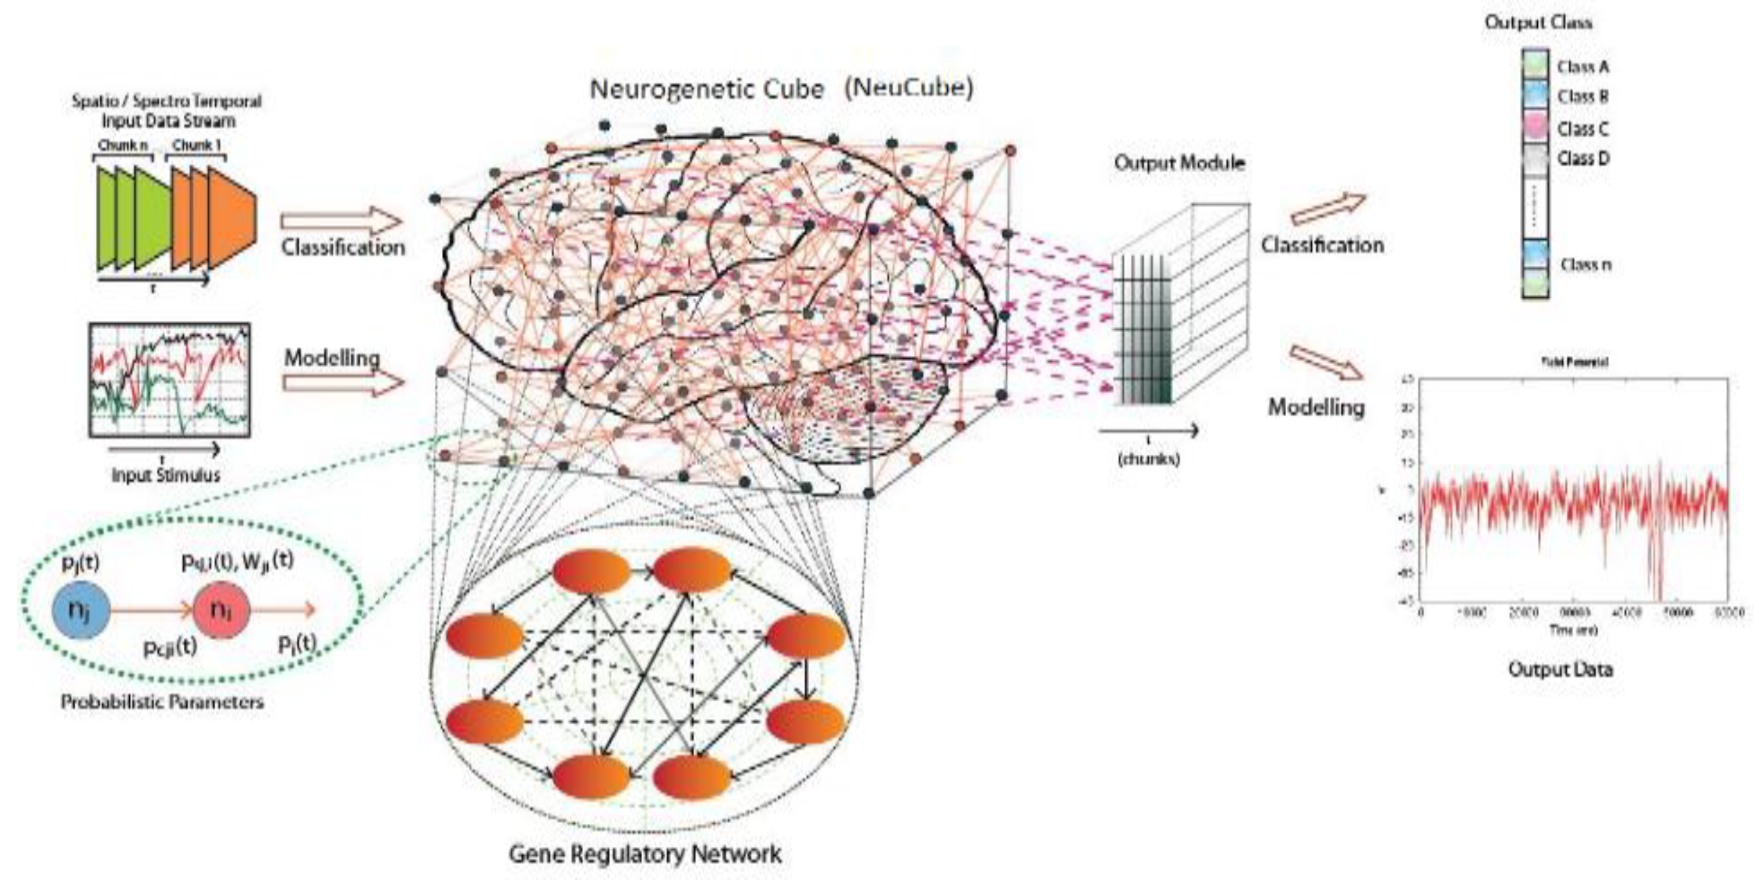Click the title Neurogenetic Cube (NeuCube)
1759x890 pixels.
pyautogui.click(x=781, y=90)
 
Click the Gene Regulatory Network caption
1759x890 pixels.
pyautogui.click(x=645, y=854)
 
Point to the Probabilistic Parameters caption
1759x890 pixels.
pyautogui.click(x=162, y=701)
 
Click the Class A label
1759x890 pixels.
pyautogui.click(x=1583, y=67)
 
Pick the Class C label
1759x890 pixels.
pyautogui.click(x=1583, y=128)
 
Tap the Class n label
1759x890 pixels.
pyautogui.click(x=1586, y=264)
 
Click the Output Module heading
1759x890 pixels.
pyautogui.click(x=1179, y=163)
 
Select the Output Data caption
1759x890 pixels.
pyautogui.click(x=1560, y=669)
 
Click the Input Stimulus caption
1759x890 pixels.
pyautogui.click(x=166, y=475)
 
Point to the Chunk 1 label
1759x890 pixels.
pyautogui.click(x=197, y=146)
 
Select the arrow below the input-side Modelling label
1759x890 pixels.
pyautogui.click(x=343, y=384)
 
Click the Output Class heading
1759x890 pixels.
pyautogui.click(x=1538, y=22)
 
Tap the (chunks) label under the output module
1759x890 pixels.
pyautogui.click(x=1149, y=459)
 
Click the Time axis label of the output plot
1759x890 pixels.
pyautogui.click(x=1573, y=630)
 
